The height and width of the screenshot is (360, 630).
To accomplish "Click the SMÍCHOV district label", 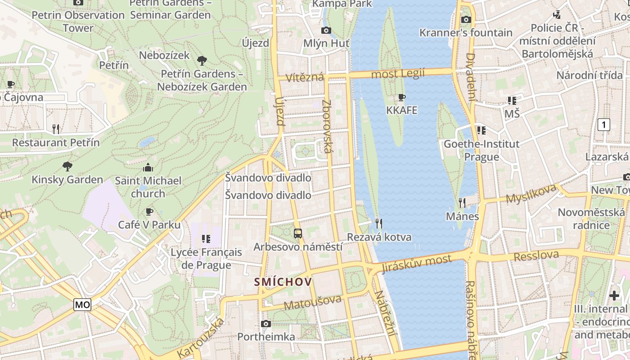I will [x=283, y=282].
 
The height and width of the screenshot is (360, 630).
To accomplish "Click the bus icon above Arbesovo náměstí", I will [x=297, y=233].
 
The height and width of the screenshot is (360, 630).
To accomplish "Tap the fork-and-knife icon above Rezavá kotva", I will [x=379, y=223].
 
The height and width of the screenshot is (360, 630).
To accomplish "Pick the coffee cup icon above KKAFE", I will [x=402, y=97].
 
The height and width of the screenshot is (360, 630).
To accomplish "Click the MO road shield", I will [x=82, y=305].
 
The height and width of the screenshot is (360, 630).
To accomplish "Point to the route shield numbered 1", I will [x=603, y=125].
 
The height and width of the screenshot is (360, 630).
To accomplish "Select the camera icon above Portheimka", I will [x=266, y=324].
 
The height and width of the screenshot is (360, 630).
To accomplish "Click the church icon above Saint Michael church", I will [x=148, y=168].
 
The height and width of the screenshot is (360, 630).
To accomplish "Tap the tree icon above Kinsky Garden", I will [x=67, y=166].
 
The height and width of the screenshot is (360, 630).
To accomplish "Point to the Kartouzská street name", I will [x=201, y=338].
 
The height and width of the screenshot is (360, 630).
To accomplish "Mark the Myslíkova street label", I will [x=531, y=194].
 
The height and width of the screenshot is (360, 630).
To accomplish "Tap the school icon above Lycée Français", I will [x=206, y=238].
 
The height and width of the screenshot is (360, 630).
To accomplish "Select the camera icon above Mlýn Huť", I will [x=326, y=30].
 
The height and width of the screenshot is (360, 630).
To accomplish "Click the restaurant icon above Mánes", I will [x=462, y=202].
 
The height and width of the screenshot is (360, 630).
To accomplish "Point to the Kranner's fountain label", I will [x=466, y=32].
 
